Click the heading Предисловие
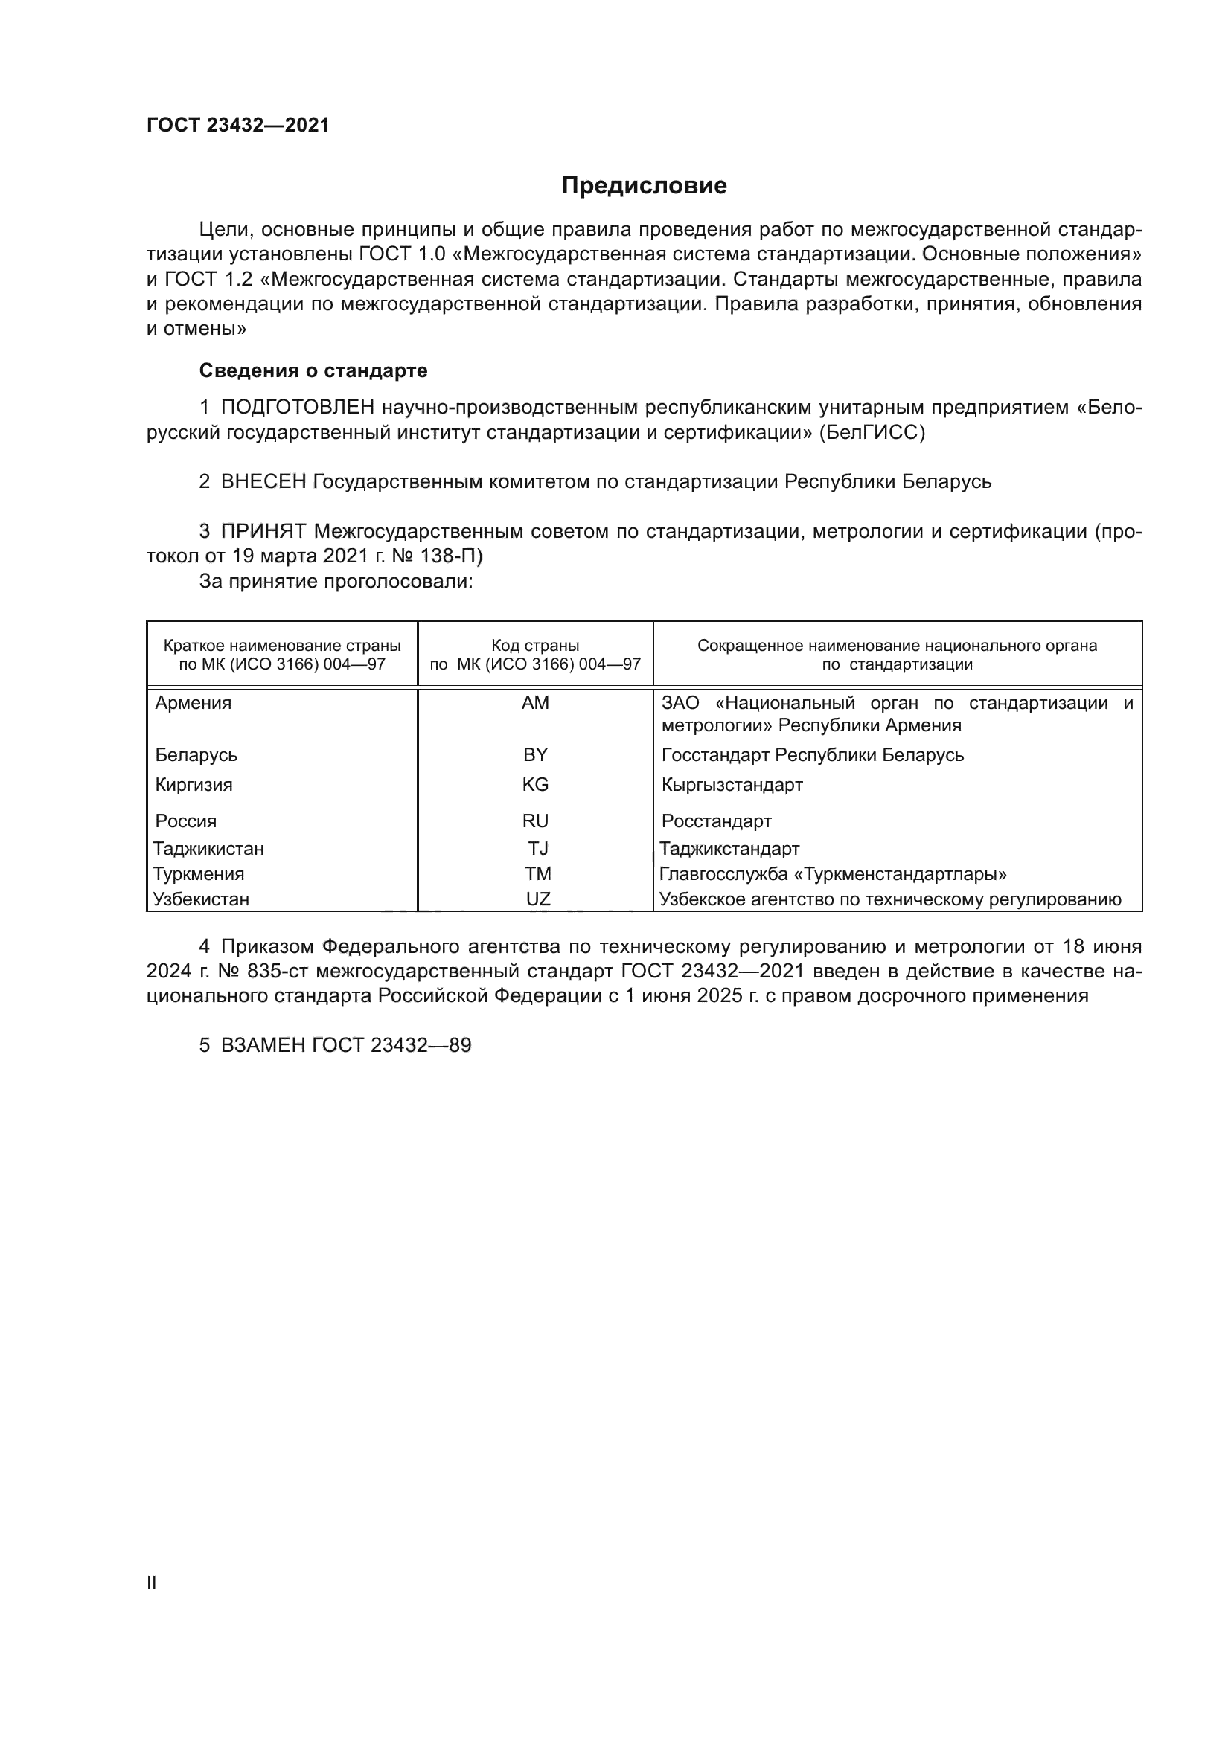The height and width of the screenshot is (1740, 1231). (x=644, y=186)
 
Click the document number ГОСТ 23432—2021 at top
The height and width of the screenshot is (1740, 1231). (x=238, y=126)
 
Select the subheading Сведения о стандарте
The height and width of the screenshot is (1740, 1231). (x=313, y=370)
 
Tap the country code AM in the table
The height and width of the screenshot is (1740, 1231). (x=535, y=703)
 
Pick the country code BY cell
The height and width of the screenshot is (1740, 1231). (x=535, y=755)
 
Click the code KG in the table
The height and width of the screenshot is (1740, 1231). (x=535, y=784)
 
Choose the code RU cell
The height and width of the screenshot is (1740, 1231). (x=535, y=821)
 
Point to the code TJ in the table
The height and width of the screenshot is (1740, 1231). (x=538, y=849)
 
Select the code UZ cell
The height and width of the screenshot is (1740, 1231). (x=538, y=899)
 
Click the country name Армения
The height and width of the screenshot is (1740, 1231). (x=194, y=703)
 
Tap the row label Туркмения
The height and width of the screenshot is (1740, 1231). (x=199, y=875)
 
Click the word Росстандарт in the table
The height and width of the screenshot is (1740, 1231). (x=716, y=821)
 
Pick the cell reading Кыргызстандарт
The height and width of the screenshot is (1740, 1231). (x=732, y=784)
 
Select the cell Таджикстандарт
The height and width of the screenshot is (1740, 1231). (x=729, y=849)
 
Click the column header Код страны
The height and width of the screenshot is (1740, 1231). (x=535, y=646)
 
